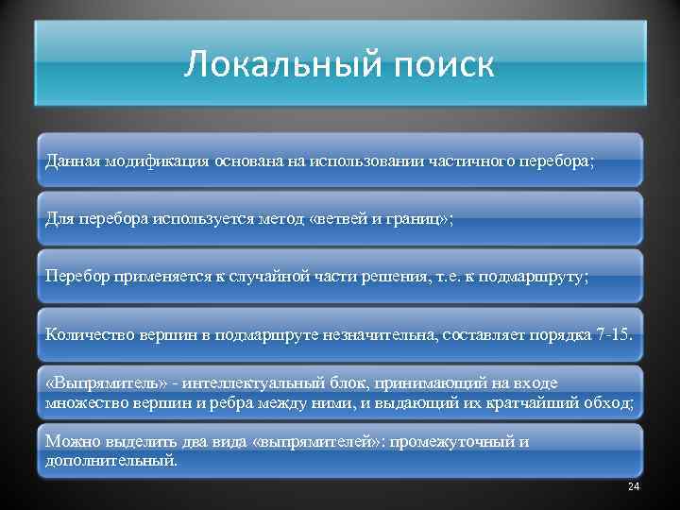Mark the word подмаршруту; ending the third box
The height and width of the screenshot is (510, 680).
coord(536,276)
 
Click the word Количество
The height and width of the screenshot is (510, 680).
coord(84,334)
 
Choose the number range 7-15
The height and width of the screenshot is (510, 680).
coord(619,334)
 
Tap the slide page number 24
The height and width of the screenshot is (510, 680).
coord(633,486)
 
